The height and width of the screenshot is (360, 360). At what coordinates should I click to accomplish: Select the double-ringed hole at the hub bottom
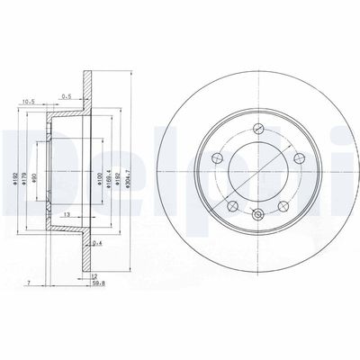(x=257, y=213)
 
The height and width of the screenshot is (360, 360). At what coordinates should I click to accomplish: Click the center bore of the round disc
(x=257, y=170)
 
